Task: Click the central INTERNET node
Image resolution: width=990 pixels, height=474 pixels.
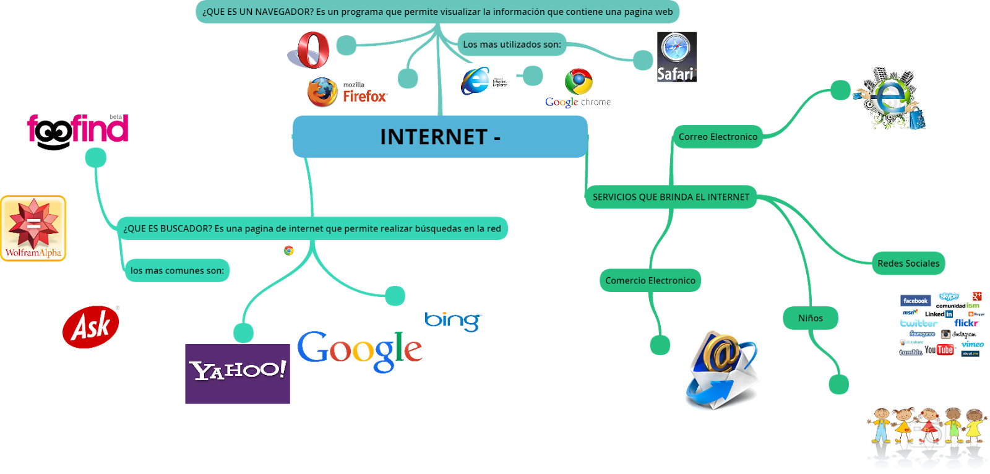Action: tap(439, 137)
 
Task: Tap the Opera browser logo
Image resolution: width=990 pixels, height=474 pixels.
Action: tap(309, 50)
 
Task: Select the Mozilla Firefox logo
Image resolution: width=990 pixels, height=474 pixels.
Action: tap(346, 93)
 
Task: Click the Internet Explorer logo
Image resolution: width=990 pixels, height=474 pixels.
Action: tap(487, 82)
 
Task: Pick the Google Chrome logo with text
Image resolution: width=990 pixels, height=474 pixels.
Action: tap(578, 88)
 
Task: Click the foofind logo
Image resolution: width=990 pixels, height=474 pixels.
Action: tap(78, 128)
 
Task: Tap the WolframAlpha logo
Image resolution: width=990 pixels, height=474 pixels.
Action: tap(33, 228)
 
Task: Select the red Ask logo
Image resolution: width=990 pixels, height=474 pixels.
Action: tap(91, 327)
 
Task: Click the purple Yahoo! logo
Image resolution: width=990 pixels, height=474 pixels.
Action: tap(238, 374)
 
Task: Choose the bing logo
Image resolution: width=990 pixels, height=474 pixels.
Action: tap(454, 321)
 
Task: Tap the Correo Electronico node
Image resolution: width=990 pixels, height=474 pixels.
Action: tap(718, 137)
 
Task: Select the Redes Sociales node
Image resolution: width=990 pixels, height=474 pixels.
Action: tap(908, 263)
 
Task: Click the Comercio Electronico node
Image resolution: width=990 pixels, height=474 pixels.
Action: tap(650, 280)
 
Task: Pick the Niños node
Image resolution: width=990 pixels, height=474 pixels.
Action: tap(810, 318)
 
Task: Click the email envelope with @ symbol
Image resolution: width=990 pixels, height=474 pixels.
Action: tap(722, 370)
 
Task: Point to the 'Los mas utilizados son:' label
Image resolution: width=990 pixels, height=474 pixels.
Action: tap(512, 44)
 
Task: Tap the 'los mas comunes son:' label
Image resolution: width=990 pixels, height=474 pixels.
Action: tap(177, 270)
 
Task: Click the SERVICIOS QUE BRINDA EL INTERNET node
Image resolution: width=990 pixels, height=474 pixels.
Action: tap(671, 197)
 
